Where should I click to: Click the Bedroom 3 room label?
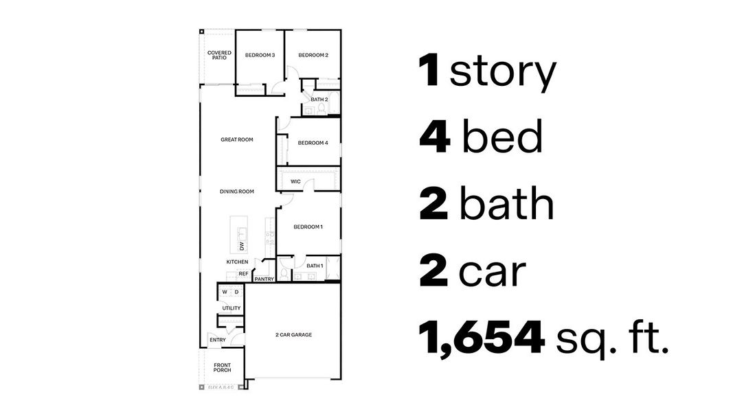pos(260,56)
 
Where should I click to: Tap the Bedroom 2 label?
pos(313,56)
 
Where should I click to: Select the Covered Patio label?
pos(219,55)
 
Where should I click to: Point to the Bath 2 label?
pos(319,100)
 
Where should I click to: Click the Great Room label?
pos(237,139)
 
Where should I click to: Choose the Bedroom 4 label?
pos(313,143)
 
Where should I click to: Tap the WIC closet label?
pos(295,182)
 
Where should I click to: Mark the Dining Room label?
pos(237,192)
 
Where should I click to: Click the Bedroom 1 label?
pos(308,227)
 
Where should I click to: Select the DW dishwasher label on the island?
pos(242,245)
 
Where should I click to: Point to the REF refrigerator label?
pos(243,273)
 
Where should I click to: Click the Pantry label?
pos(264,279)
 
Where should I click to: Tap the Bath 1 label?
pos(315,266)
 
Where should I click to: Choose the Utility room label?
pos(232,308)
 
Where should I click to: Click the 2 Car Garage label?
pos(293,335)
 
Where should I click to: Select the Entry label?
pos(218,340)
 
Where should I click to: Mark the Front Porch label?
pos(222,368)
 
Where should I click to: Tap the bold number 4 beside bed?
pos(434,137)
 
